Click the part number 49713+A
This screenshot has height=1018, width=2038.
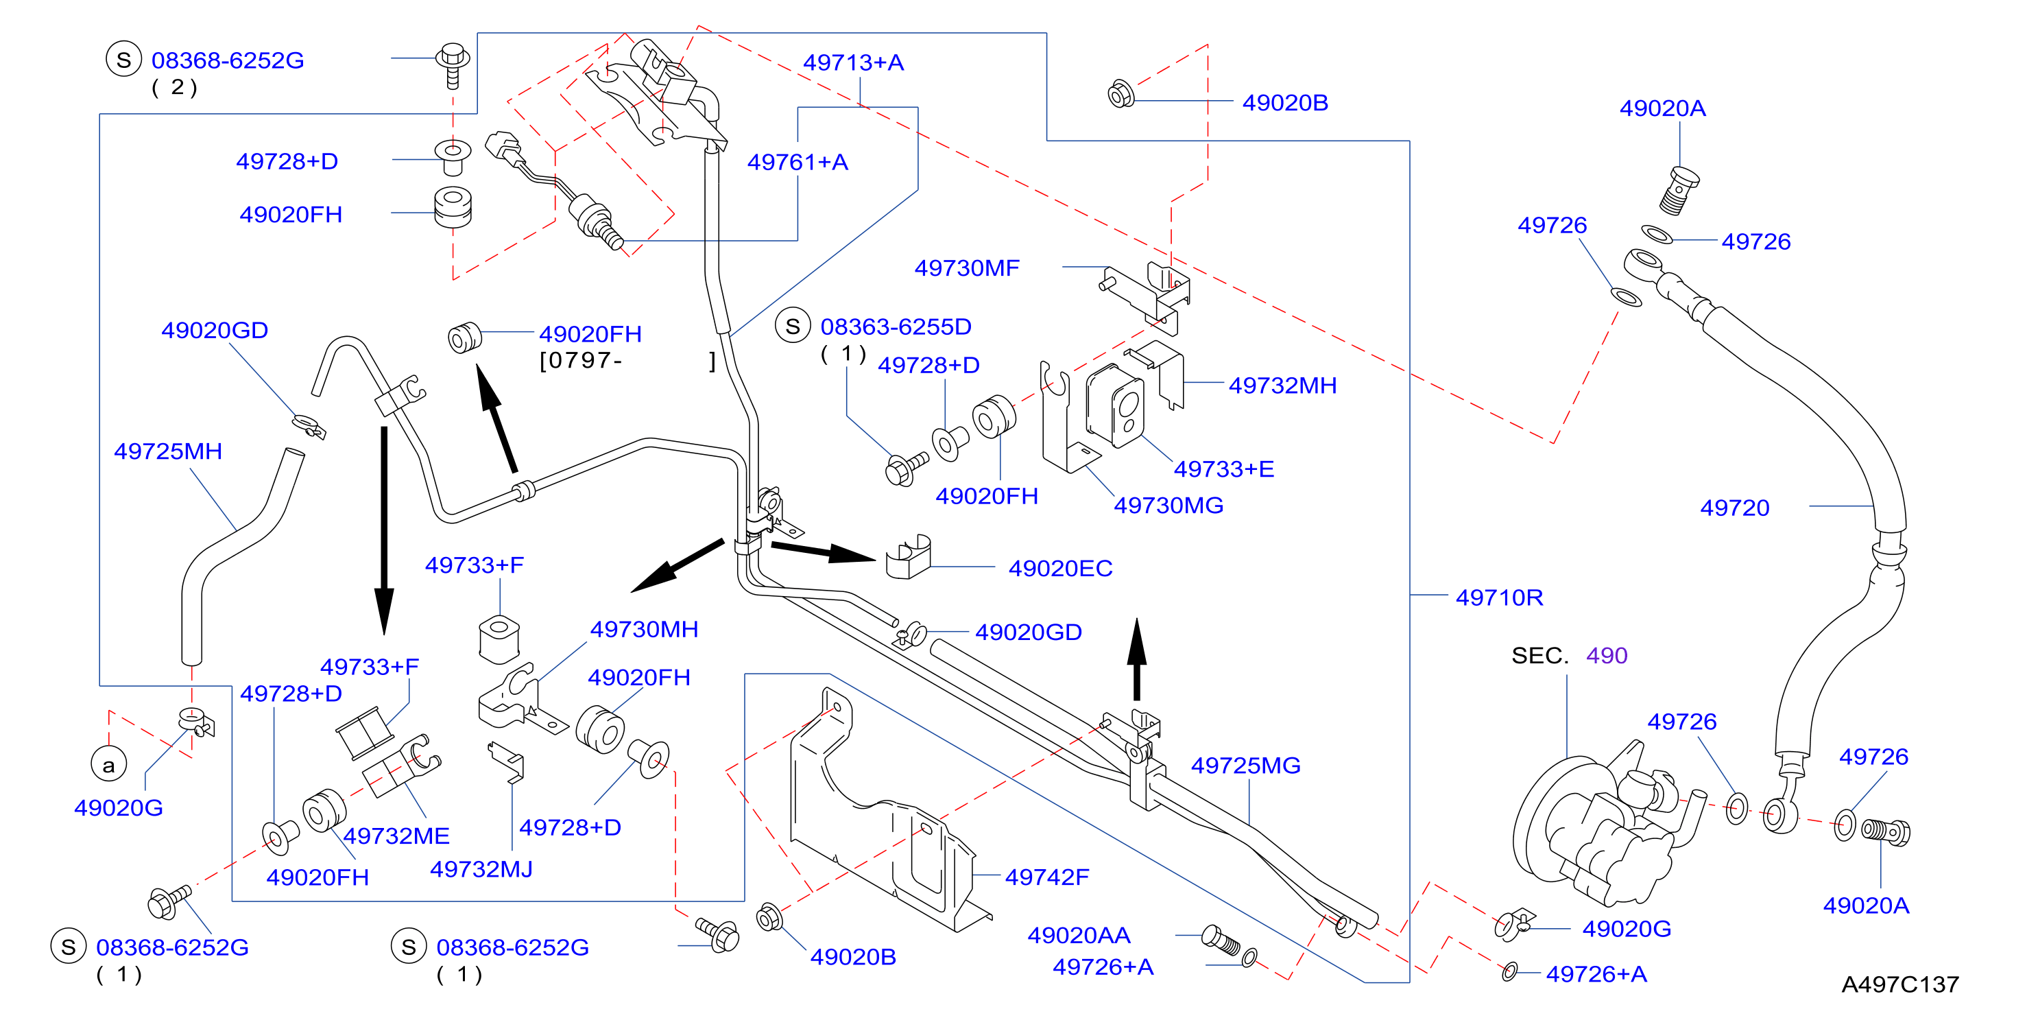coord(853,62)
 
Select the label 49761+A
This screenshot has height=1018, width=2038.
coord(798,163)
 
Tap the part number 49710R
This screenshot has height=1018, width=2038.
coord(1499,597)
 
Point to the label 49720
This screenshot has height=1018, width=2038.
coord(1734,508)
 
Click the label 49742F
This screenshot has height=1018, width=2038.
coord(1046,877)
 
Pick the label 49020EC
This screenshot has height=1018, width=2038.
coord(1060,569)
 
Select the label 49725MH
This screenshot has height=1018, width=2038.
coord(168,451)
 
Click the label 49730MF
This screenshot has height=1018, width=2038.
coord(967,268)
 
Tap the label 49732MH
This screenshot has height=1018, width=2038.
coord(1282,386)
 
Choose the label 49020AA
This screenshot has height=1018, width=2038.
coord(1079,936)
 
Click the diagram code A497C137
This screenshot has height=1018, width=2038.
coord(1899,985)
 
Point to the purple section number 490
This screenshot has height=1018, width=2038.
coord(1606,655)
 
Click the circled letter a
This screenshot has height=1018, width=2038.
coord(108,766)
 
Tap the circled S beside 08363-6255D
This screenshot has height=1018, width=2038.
coord(793,326)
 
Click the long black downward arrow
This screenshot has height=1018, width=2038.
coord(385,530)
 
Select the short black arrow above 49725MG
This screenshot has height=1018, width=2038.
coord(1137,659)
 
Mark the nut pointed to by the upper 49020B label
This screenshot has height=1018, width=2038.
coord(1121,94)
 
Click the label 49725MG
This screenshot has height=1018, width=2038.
coord(1245,766)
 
